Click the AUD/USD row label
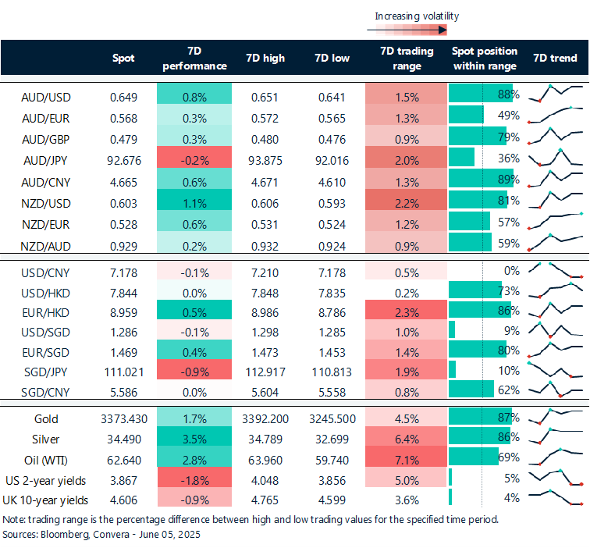[x=46, y=96]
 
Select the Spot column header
[x=123, y=59]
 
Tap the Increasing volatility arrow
[x=406, y=30]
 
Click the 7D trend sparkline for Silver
[x=556, y=439]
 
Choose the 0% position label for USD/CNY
[x=512, y=271]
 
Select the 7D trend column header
[x=555, y=59]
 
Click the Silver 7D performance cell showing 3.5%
[x=194, y=439]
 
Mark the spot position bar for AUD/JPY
[x=462, y=160]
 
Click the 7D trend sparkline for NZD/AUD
[x=556, y=243]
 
